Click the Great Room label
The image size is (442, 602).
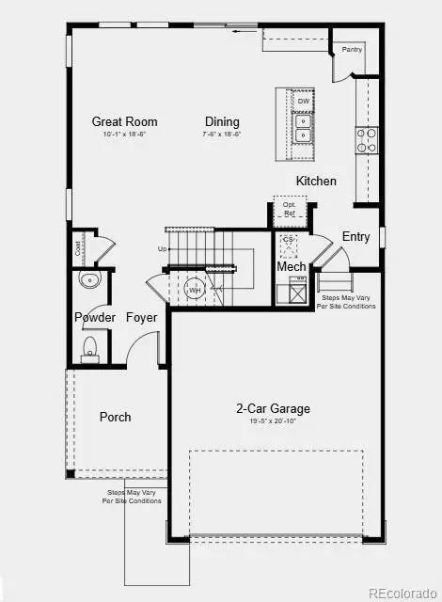124,121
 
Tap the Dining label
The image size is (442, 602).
221,121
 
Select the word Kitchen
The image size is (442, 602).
316,181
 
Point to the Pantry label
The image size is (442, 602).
353,49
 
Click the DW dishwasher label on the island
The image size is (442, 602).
304,101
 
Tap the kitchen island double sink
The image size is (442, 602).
304,127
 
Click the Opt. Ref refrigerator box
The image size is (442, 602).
289,210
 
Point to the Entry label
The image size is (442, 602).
355,237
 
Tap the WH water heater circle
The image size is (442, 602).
195,290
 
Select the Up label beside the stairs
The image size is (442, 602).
163,249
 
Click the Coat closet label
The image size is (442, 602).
78,248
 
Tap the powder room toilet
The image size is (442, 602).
90,350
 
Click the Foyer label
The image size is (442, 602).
142,318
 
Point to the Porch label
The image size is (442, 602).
116,417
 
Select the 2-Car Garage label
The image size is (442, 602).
273,408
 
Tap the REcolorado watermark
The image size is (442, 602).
402,593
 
